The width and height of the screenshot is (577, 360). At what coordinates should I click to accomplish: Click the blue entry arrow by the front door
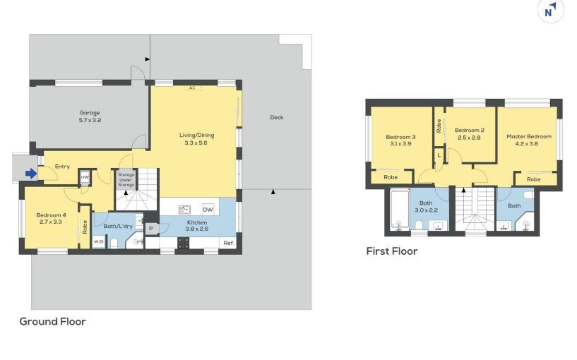click(x=31, y=174)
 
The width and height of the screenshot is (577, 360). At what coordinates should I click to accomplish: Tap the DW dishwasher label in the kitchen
click(x=208, y=210)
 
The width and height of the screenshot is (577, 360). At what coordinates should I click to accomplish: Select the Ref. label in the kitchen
click(x=229, y=243)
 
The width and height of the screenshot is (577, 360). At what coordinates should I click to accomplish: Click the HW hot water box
click(x=85, y=177)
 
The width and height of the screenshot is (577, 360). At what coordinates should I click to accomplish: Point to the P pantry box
click(x=151, y=229)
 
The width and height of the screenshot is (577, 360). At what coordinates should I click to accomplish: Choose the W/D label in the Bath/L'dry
click(x=98, y=241)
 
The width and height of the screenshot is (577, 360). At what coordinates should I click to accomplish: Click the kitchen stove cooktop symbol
click(x=183, y=243)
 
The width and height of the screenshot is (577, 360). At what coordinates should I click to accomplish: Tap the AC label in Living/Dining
click(x=192, y=88)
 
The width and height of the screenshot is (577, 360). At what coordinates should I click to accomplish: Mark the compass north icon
click(x=550, y=11)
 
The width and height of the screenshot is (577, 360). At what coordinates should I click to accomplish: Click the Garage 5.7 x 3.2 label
click(x=90, y=116)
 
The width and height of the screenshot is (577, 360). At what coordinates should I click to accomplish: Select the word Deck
click(x=277, y=117)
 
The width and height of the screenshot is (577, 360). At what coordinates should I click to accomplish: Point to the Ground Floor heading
click(x=53, y=321)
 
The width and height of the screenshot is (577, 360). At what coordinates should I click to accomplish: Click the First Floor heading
click(x=392, y=251)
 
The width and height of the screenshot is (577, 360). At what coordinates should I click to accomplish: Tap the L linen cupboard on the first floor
click(x=439, y=155)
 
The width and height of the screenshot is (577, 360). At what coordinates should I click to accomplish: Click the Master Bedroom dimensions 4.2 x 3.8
click(x=527, y=144)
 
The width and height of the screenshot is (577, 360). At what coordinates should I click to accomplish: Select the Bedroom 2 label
click(x=470, y=130)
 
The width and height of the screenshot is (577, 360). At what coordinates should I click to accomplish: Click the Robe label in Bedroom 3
click(x=391, y=177)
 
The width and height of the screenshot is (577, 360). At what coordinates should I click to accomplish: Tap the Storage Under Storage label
click(x=126, y=180)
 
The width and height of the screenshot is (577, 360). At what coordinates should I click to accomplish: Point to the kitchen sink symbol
click(x=184, y=210)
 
